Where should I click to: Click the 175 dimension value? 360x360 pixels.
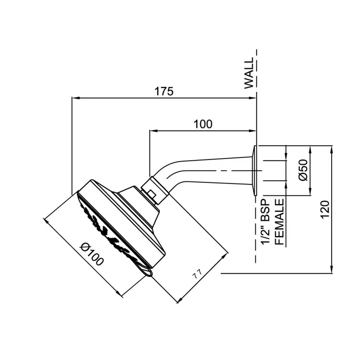164,91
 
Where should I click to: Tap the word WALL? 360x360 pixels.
249,73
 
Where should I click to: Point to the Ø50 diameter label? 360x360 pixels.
303,170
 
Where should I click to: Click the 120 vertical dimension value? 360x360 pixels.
325,210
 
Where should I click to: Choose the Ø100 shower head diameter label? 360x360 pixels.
92,254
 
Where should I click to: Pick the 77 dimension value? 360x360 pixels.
197,274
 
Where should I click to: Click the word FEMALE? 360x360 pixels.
279,222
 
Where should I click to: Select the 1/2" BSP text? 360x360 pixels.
266,222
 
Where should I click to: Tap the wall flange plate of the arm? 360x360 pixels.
255,171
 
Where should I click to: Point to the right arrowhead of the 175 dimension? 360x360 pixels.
253,98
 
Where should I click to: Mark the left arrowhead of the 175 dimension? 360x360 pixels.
75,98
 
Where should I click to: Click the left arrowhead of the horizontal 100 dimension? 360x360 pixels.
153,131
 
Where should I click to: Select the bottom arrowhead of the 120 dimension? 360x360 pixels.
331,269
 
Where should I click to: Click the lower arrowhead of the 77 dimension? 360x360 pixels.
180,300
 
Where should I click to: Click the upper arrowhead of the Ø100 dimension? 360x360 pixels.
46,221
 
